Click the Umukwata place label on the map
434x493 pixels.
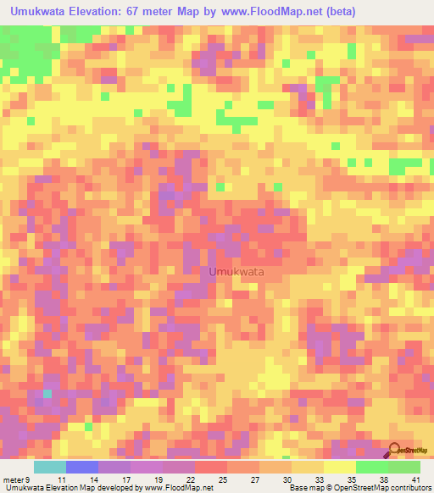tap(236, 272)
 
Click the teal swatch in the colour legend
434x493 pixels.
tap(49, 468)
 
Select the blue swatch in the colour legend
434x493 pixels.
tap(81, 468)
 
